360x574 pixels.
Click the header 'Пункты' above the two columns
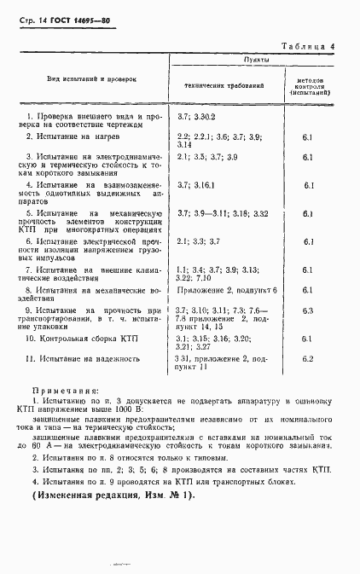258,61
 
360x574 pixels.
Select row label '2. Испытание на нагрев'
73,136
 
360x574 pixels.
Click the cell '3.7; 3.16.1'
196,183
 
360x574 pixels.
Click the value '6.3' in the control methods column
309,311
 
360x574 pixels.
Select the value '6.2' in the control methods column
309,358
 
